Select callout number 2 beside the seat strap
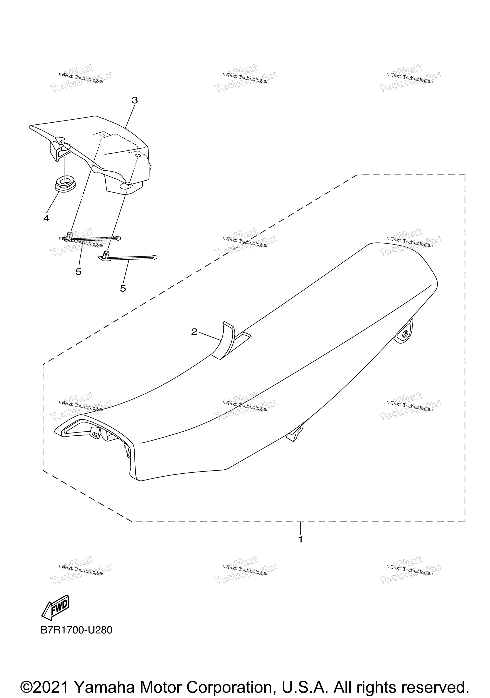[194, 332]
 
